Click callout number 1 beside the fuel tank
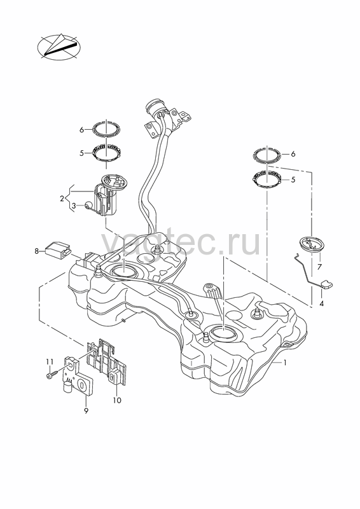tap(285, 362)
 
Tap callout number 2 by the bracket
tap(62, 199)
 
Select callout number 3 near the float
tap(74, 206)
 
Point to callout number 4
tap(321, 304)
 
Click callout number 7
tap(319, 267)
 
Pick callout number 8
tap(37, 251)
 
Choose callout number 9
tap(86, 411)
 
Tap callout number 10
tap(117, 400)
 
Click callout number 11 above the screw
tap(50, 361)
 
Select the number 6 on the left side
tap(82, 130)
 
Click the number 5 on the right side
tap(293, 180)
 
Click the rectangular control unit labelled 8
tap(57, 249)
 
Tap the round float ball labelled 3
tap(88, 205)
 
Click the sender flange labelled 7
tap(312, 244)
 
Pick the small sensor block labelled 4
tap(326, 284)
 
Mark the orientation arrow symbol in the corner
tap(59, 46)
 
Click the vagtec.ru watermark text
tap(181, 242)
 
